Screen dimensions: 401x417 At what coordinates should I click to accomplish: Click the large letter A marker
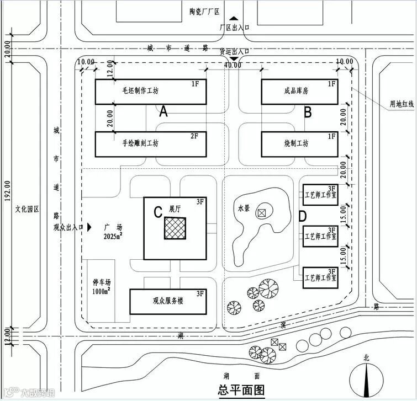coord(163,112)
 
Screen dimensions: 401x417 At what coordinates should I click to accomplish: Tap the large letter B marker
coord(308,112)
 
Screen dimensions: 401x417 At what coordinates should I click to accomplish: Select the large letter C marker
coord(157,211)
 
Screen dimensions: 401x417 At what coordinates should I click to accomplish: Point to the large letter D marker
coord(303,216)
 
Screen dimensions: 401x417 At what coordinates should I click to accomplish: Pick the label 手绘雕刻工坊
coord(140,143)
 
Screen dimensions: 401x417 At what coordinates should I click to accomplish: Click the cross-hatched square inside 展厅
coord(175,228)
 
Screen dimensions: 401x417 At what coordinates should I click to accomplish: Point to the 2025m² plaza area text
coord(113,236)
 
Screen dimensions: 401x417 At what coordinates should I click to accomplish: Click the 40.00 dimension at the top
coord(233,65)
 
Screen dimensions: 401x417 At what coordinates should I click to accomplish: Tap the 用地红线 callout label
coord(397,103)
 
